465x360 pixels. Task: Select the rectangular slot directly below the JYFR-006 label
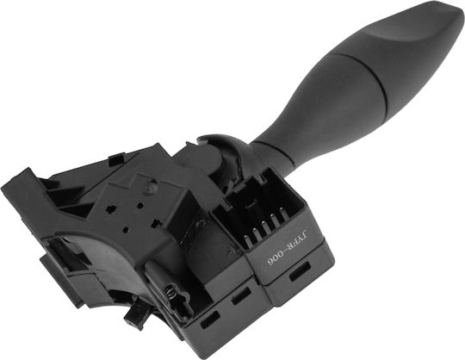click(301, 271)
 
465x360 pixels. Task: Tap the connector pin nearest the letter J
click(283, 214)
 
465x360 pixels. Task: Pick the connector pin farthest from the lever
click(247, 240)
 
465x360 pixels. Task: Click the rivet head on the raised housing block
click(151, 188)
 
